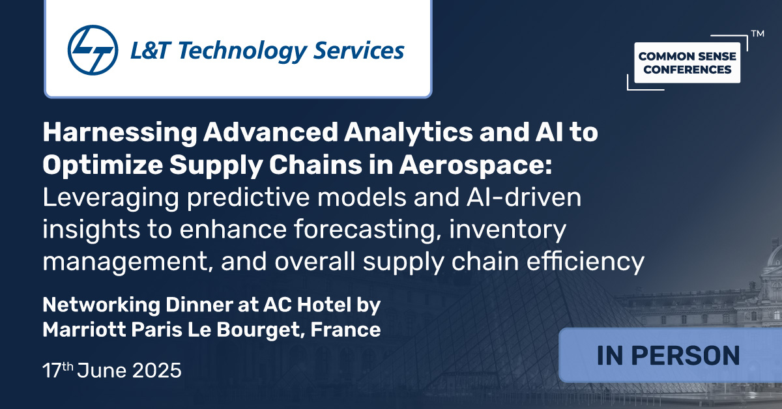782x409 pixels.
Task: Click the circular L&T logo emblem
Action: click(x=93, y=50)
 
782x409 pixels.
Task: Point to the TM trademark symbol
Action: click(x=757, y=33)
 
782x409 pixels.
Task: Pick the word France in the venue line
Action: click(x=345, y=329)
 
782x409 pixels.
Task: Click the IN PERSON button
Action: click(x=668, y=356)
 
